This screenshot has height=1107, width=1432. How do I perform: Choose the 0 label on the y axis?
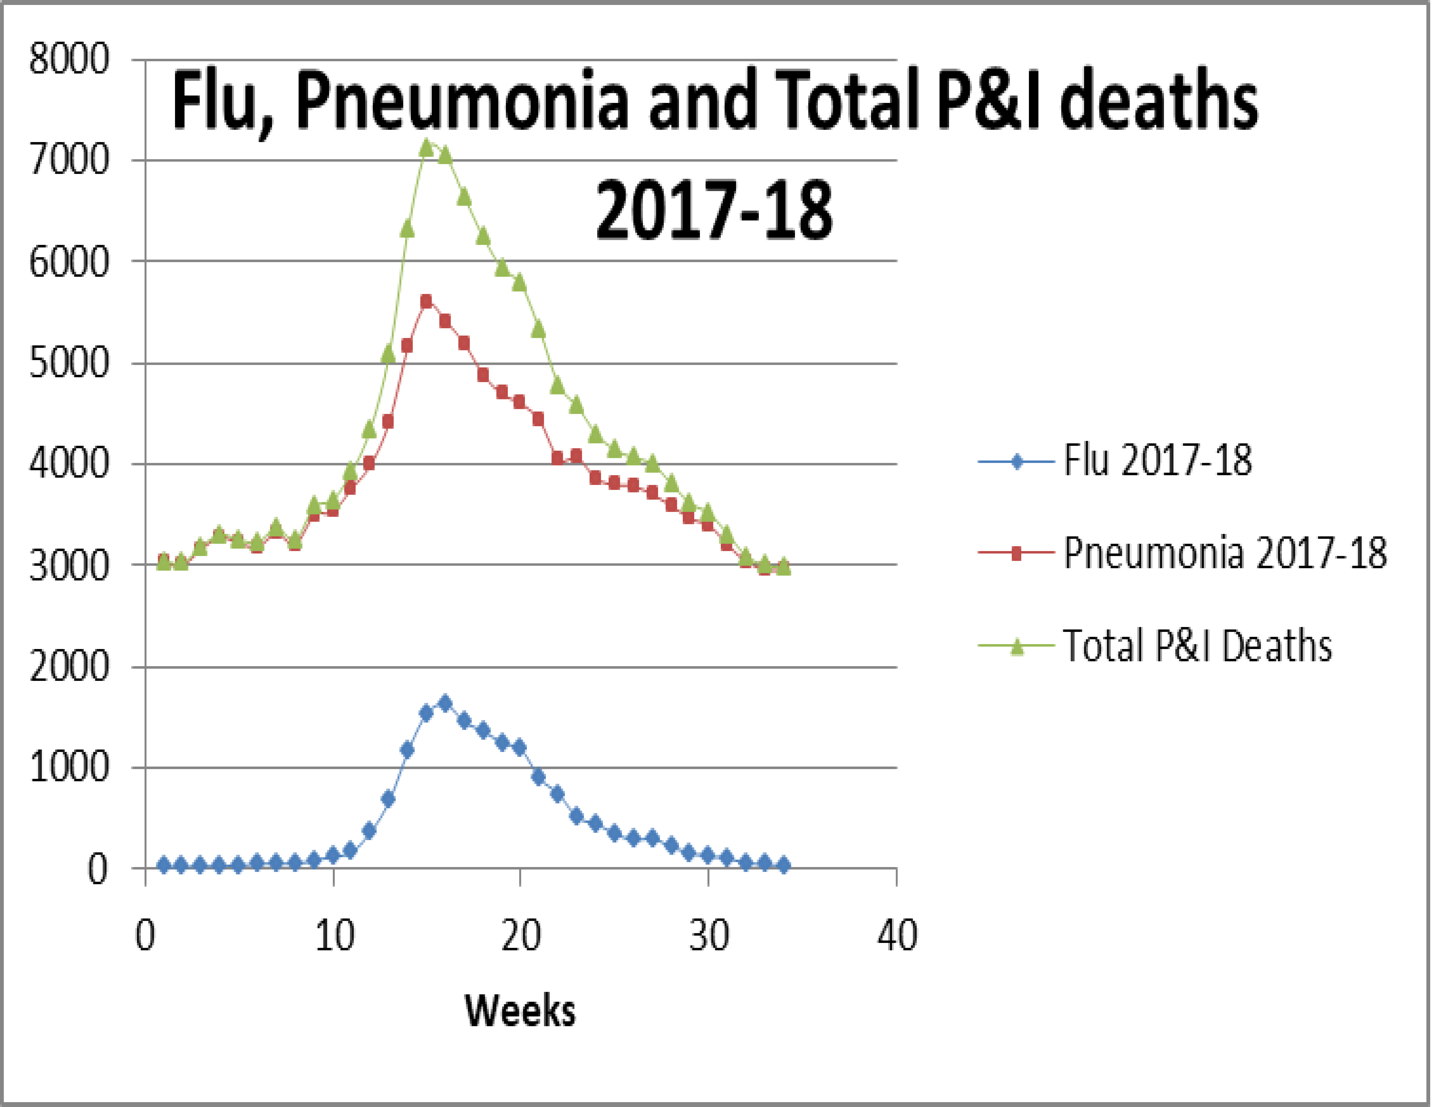point(97,870)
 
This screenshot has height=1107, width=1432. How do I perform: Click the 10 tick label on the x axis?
point(334,935)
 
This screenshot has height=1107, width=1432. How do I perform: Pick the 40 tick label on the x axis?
point(896,935)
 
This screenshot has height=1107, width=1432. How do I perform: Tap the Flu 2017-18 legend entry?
point(1157,461)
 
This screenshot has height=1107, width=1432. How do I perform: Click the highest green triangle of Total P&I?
point(426,148)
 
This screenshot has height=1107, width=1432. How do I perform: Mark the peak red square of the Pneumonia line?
point(426,301)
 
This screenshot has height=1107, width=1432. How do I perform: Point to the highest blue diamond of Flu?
point(445,703)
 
